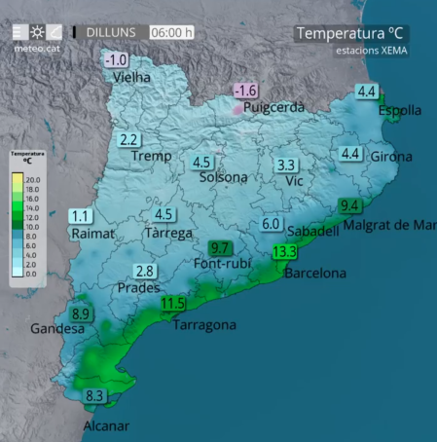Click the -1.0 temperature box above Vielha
pos(115,60)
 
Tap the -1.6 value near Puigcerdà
pos(245,91)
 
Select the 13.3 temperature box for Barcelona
pos(285,252)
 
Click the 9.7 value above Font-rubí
pos(220,248)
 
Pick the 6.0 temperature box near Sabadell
pos(272,224)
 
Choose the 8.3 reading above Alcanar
pos(95,396)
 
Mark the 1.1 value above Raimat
pos(80,216)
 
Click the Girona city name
pos(390,156)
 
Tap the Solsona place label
pos(223,177)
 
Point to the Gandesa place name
pos(57,329)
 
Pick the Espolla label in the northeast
pos(400,111)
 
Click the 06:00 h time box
pos(172,32)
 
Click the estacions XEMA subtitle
pos(372,50)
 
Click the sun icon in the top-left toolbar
pos(38,32)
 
